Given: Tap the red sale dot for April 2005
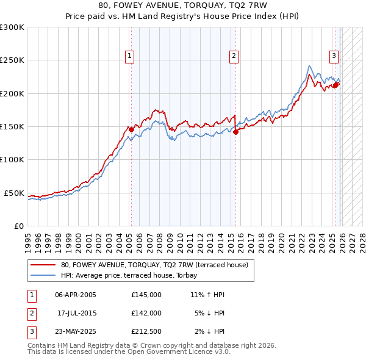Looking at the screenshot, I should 131,129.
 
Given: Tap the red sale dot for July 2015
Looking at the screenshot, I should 236,131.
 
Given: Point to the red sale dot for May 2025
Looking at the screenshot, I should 335,85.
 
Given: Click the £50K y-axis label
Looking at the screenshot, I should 15,193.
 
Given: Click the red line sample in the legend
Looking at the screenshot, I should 43,265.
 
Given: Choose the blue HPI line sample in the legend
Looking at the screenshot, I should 43,275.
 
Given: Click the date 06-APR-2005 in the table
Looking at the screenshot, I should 76,295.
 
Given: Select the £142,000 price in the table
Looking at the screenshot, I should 146,312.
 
